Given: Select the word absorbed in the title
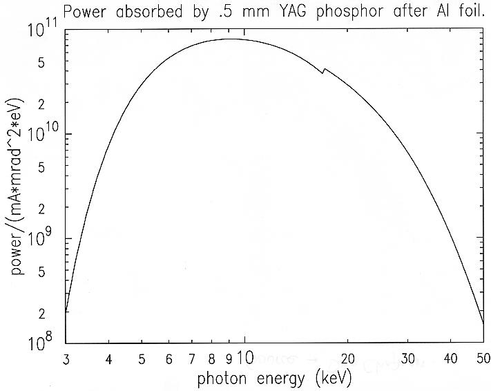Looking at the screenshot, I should tap(145, 10).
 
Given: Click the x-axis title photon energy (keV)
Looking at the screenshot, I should tap(275, 379).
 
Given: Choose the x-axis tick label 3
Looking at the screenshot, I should tap(65, 359).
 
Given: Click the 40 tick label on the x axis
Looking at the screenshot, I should tap(451, 359).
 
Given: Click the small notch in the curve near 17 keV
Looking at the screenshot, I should tap(323, 70).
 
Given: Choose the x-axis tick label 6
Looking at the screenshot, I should tap(168, 359).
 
